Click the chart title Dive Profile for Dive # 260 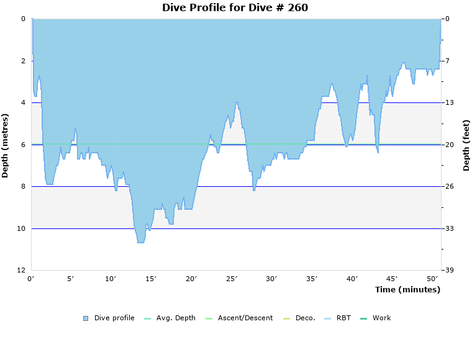[x=235, y=8]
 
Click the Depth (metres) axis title [x=6, y=145]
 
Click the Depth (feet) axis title [x=466, y=145]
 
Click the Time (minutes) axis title [x=407, y=290]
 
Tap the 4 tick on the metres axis [x=22, y=103]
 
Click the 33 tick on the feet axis [x=448, y=229]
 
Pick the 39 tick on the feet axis [x=448, y=271]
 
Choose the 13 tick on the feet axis [x=448, y=103]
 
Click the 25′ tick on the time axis [x=231, y=279]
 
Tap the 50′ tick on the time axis [x=432, y=279]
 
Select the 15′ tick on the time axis [x=151, y=279]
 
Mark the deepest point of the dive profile [x=141, y=242]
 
